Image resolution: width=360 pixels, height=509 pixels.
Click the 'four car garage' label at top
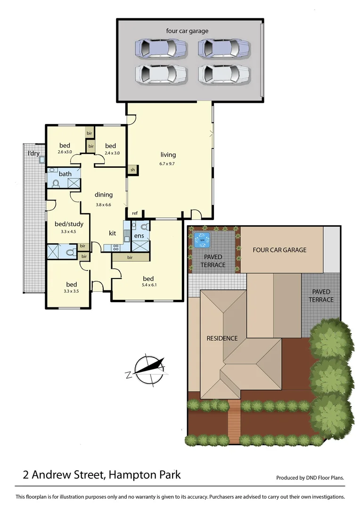coord(187,31)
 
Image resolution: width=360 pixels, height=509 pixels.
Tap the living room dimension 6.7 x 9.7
coord(168,164)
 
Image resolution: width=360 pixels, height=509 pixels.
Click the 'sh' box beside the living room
coord(133,170)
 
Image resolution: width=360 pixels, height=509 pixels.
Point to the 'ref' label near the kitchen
coord(135,213)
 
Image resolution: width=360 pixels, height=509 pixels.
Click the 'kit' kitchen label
coord(113,233)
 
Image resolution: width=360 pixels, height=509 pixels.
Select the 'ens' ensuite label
coord(139,235)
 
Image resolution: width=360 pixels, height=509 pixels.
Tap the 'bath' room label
coord(65,174)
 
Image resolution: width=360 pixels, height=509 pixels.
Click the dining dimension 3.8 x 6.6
coord(104,205)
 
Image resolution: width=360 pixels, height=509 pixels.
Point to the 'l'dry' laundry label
coord(33,153)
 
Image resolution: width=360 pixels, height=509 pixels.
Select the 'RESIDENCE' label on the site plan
coord(222,338)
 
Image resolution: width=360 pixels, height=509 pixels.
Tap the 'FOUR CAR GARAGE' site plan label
coord(279,250)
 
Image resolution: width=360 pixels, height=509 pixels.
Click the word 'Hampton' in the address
coord(128,474)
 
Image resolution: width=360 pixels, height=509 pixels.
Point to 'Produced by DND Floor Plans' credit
coord(310,477)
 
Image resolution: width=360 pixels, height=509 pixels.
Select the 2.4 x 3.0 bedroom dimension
coord(113,153)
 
